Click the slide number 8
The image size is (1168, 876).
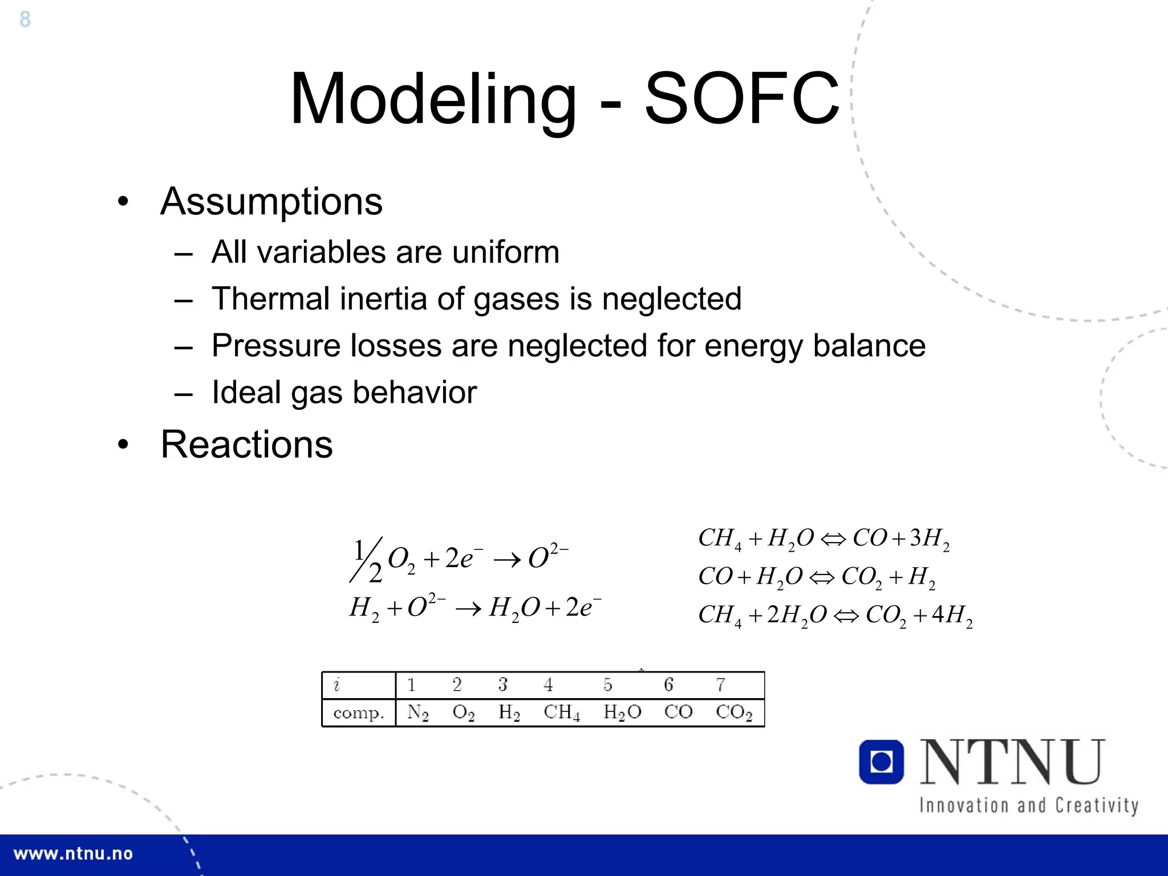click(x=25, y=19)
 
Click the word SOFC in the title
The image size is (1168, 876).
click(x=741, y=99)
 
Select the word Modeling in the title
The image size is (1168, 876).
click(x=433, y=100)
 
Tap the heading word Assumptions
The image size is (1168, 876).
click(x=271, y=202)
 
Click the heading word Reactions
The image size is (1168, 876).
click(x=246, y=445)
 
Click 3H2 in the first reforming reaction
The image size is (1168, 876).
click(x=929, y=539)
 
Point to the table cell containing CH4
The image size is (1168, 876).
click(x=561, y=712)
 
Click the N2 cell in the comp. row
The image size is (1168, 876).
click(x=417, y=712)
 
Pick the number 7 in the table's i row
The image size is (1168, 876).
click(x=721, y=684)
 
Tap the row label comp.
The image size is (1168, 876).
click(x=358, y=713)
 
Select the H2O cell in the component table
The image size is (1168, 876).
click(x=622, y=712)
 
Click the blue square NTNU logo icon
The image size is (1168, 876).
click(x=881, y=762)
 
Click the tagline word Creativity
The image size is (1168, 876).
click(x=1096, y=805)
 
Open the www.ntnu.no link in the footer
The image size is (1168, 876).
click(x=73, y=854)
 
